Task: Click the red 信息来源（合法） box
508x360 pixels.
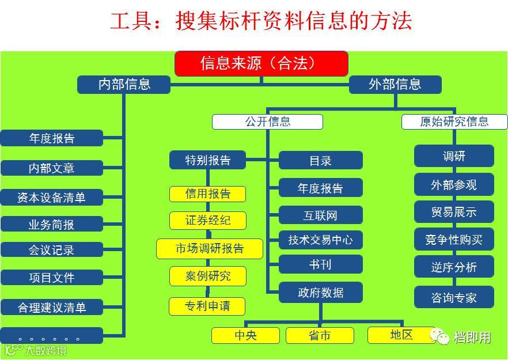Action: (x=261, y=63)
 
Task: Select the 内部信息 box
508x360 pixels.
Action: (x=124, y=85)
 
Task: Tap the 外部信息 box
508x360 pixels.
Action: (x=395, y=85)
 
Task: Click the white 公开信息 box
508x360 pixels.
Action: (x=267, y=122)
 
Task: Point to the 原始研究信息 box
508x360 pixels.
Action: (x=454, y=122)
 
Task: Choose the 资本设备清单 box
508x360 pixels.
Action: (x=51, y=198)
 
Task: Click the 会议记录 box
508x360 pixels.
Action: (x=51, y=250)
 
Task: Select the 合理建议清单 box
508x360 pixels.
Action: (x=51, y=308)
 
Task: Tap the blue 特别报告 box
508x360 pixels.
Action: (x=207, y=160)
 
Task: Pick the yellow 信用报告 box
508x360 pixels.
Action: (x=207, y=194)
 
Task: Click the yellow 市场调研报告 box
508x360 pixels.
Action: (x=210, y=249)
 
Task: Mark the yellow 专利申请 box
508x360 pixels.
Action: (x=207, y=306)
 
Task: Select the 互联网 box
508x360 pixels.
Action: (x=321, y=215)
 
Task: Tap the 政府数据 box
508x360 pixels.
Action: (x=321, y=293)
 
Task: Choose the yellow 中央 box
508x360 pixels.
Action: (x=245, y=335)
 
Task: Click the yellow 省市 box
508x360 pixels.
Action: (x=320, y=335)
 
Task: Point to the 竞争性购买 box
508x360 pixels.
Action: (x=454, y=240)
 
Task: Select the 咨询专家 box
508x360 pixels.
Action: (x=454, y=297)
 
